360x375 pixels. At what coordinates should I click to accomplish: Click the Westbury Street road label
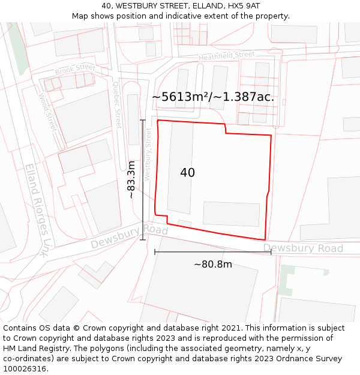(148, 154)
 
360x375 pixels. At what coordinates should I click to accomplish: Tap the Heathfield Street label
(227, 56)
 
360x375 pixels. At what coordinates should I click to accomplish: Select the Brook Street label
(75, 70)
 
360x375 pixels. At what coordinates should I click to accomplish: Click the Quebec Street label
(117, 106)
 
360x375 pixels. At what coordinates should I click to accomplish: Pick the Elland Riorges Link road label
(37, 211)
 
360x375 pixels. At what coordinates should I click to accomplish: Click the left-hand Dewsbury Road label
(129, 237)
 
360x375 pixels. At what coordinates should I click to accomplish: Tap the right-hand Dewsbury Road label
(303, 248)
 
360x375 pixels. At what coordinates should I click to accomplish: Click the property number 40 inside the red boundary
(187, 173)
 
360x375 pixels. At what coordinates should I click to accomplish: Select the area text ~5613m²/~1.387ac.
(213, 97)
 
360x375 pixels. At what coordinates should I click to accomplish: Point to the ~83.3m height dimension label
(131, 179)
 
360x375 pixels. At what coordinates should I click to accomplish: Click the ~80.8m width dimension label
(212, 264)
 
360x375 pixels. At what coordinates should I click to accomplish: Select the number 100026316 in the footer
(26, 368)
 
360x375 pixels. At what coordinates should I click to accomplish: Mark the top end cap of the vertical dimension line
(143, 121)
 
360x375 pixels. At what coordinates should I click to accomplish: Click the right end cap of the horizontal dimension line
(271, 252)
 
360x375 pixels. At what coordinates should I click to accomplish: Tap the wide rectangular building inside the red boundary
(231, 214)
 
